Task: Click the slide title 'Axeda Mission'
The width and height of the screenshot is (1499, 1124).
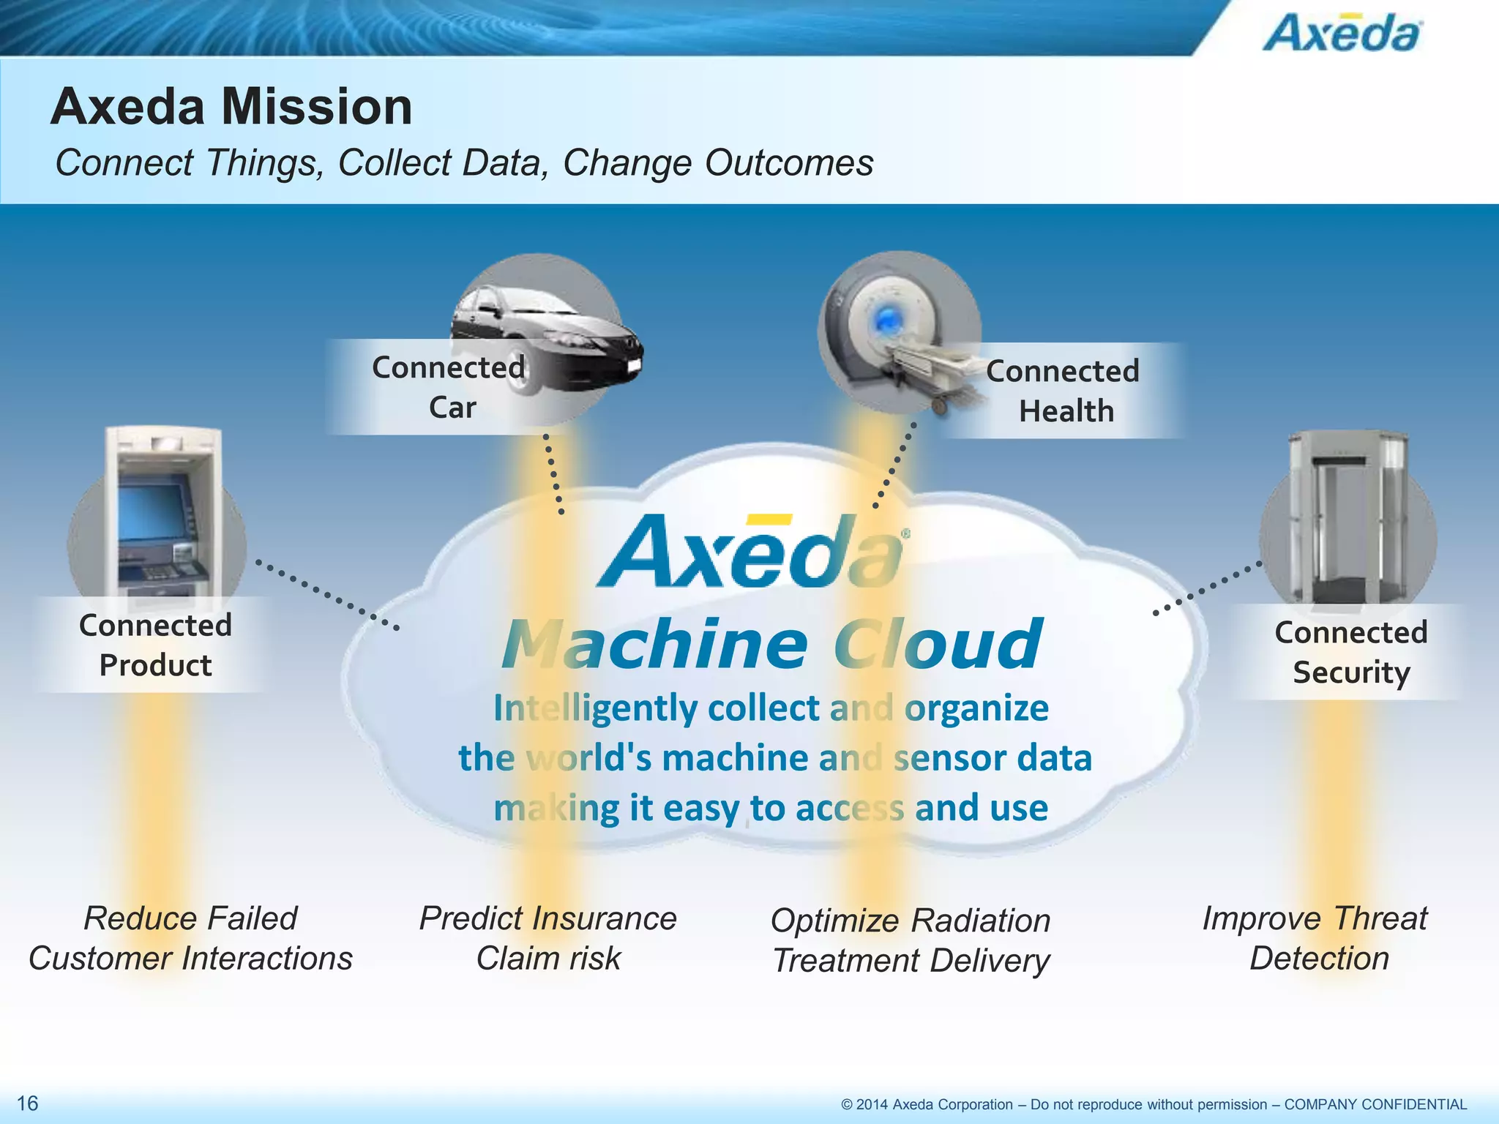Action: point(231,107)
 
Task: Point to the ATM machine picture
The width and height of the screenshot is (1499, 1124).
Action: point(162,512)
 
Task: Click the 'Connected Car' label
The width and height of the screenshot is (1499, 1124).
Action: point(449,387)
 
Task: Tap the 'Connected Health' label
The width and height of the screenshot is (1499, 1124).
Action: point(1063,391)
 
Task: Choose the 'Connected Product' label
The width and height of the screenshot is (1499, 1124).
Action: point(155,645)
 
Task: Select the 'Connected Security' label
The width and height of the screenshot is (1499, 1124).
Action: point(1350,652)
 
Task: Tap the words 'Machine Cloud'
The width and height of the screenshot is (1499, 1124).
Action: point(771,644)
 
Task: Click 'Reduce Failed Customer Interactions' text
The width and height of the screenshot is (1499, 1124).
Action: point(190,938)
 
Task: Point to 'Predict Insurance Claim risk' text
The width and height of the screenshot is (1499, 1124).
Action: point(548,938)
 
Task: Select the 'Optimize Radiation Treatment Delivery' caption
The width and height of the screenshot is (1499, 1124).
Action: point(911,940)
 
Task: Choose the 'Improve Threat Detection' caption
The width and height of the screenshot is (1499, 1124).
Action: point(1316,938)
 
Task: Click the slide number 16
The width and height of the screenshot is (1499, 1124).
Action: point(27,1103)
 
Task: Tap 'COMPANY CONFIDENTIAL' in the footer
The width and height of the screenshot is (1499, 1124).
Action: point(1375,1104)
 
